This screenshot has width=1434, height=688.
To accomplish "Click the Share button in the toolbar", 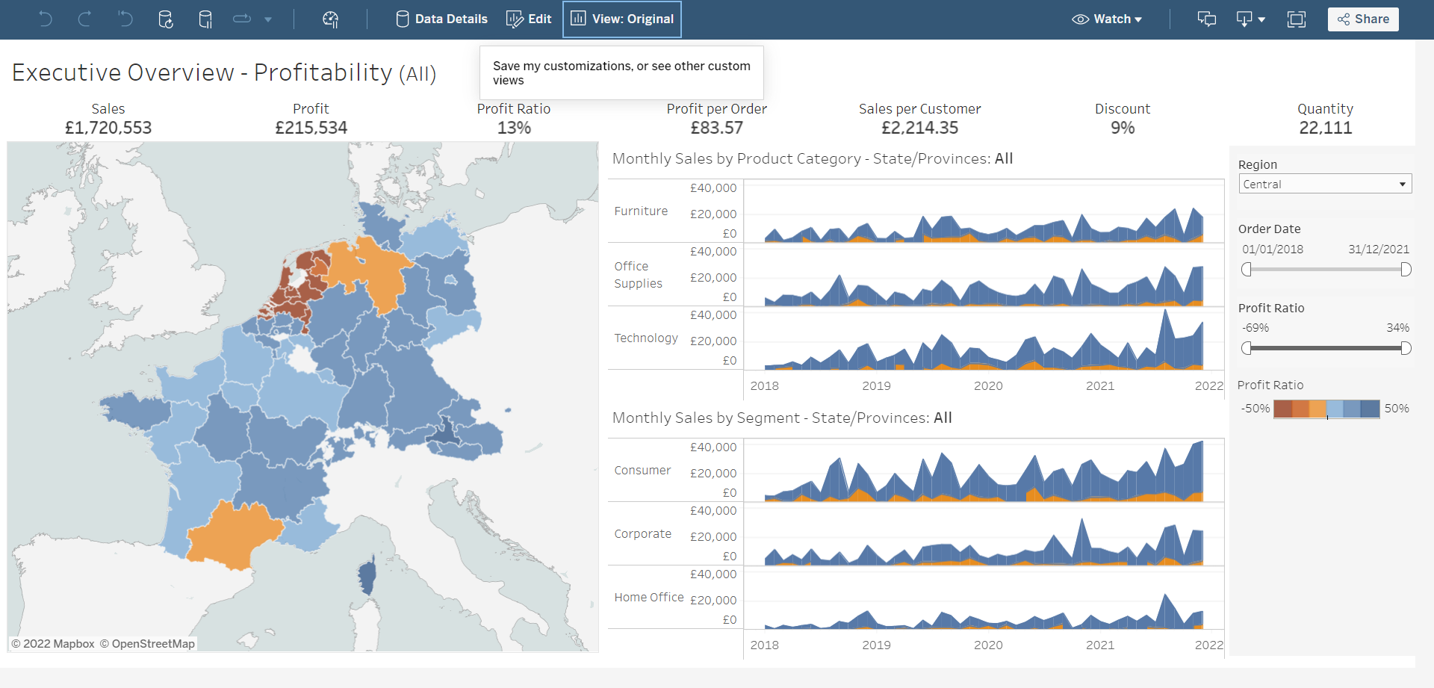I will [x=1362, y=19].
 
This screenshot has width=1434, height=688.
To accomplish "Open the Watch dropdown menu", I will [x=1107, y=19].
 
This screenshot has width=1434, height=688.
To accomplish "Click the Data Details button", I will [x=441, y=19].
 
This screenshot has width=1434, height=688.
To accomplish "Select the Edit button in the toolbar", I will [x=529, y=19].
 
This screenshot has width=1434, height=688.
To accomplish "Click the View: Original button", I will [x=622, y=19].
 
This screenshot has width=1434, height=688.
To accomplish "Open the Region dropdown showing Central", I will [x=1324, y=185].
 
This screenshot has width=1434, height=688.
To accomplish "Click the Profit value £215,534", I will [x=311, y=128].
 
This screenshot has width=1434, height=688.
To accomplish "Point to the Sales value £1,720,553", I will [x=108, y=128].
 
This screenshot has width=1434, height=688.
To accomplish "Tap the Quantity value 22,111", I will [x=1325, y=128].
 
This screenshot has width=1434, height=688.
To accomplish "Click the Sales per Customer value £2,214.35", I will [x=919, y=128].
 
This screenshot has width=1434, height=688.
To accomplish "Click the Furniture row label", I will [x=641, y=211].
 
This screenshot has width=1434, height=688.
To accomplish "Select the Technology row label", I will [x=645, y=338].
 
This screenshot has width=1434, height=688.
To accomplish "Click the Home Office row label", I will [x=648, y=598].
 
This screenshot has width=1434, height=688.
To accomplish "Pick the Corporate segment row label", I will [x=642, y=534].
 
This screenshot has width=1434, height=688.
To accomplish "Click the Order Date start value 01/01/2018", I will [x=1272, y=250].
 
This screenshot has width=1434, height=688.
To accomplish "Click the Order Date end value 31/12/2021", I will [x=1378, y=250].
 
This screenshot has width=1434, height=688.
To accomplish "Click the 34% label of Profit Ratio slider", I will [x=1397, y=328].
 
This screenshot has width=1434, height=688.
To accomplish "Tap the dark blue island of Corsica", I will [x=367, y=577].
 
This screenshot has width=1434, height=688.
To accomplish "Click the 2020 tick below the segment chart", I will [x=987, y=645].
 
